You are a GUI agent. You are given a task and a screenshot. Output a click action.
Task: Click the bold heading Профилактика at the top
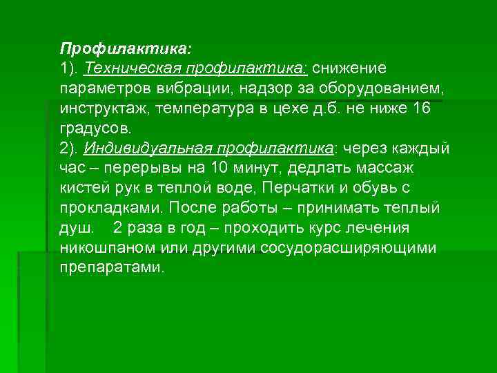(126, 49)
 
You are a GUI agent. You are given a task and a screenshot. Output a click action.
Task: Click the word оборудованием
(387, 89)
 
